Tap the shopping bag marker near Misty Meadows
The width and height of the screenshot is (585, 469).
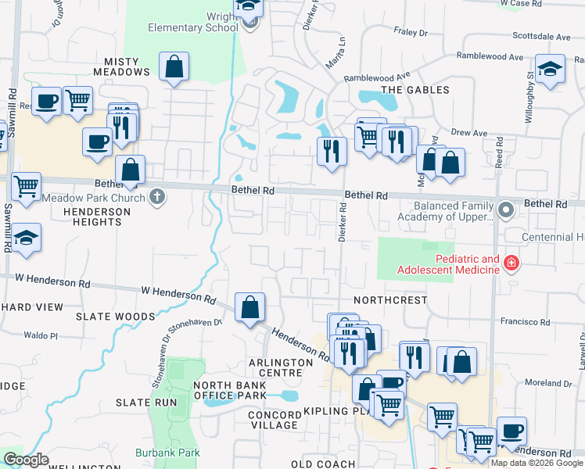174,67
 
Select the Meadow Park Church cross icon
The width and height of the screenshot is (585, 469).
157,196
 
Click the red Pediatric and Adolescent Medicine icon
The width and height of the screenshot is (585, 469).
511,263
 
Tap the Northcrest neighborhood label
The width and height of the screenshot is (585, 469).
390,300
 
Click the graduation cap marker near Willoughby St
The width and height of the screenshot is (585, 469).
550,69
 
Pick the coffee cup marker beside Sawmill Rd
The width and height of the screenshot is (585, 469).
47,102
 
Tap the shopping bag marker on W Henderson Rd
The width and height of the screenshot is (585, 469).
249,308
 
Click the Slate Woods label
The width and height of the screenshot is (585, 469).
115,317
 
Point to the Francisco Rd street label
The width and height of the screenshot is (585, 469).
526,321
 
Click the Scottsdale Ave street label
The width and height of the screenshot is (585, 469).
541,36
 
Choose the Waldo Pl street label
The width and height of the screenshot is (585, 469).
41,335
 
